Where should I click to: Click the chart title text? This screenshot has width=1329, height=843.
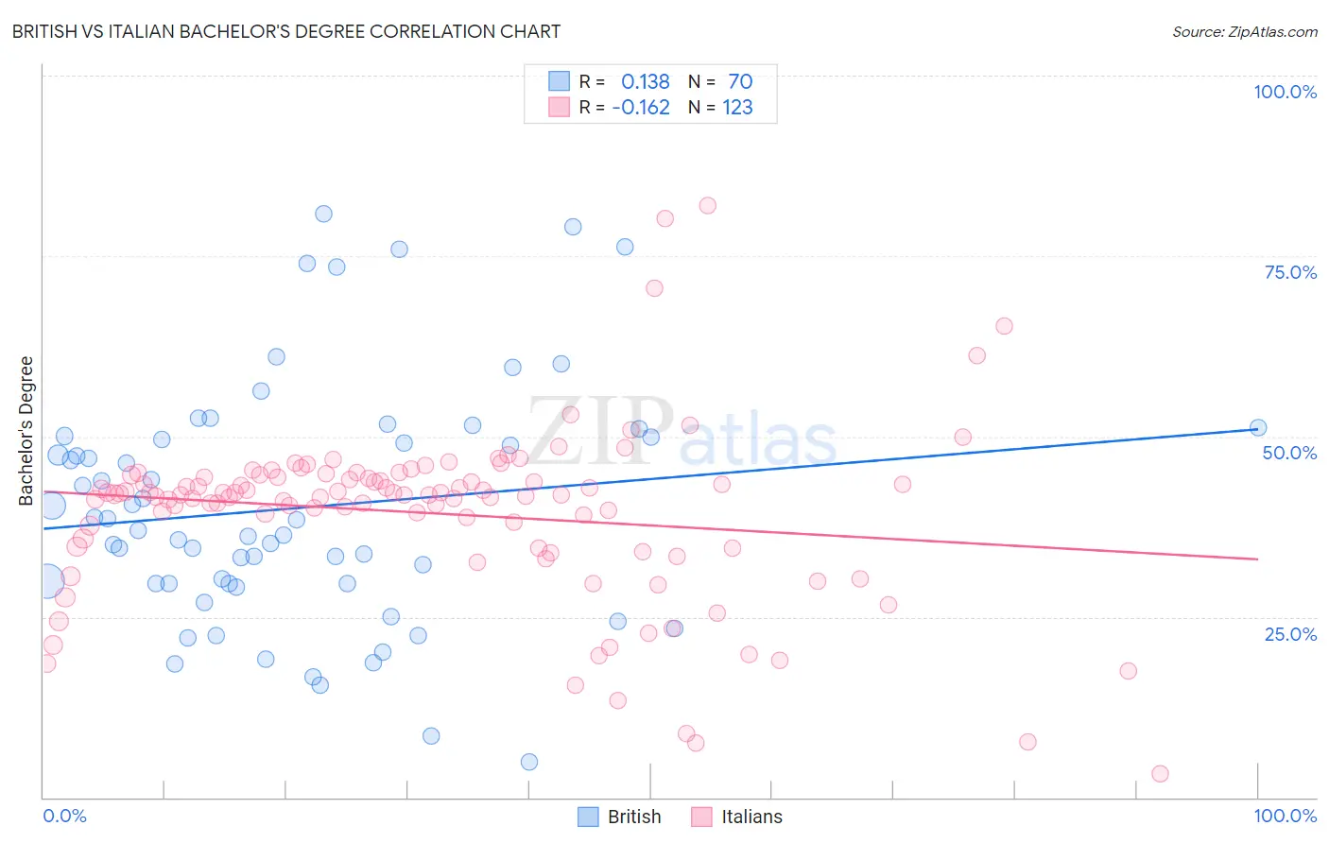tap(286, 31)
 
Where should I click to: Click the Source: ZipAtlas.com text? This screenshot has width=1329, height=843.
tap(1244, 31)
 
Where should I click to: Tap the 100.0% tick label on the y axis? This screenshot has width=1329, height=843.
tap(1285, 92)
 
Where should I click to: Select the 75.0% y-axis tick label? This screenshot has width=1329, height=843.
tap(1290, 272)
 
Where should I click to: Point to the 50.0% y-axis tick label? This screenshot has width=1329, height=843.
tap(1289, 453)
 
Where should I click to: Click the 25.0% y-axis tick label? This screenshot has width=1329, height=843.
tap(1290, 633)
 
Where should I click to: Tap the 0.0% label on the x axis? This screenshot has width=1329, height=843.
tap(64, 816)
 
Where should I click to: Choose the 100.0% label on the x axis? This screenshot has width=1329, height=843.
tap(1285, 816)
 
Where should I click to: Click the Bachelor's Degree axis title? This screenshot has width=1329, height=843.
tap(26, 431)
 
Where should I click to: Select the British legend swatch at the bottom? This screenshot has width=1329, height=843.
tap(589, 817)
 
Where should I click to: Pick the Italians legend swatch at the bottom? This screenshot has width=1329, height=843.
tap(701, 817)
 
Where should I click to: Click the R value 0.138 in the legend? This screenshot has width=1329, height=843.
tap(645, 81)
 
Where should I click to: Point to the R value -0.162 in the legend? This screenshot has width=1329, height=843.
tap(641, 107)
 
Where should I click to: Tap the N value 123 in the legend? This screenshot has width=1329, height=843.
tap(737, 107)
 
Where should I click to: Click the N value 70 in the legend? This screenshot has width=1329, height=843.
tap(740, 81)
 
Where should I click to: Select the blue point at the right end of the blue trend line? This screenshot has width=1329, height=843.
tap(1257, 427)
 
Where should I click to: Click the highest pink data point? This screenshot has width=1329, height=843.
tap(707, 205)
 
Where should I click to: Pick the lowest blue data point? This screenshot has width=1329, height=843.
tap(529, 762)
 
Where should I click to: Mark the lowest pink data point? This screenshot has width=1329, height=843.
tap(1160, 774)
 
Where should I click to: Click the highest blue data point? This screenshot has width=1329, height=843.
tap(323, 214)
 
